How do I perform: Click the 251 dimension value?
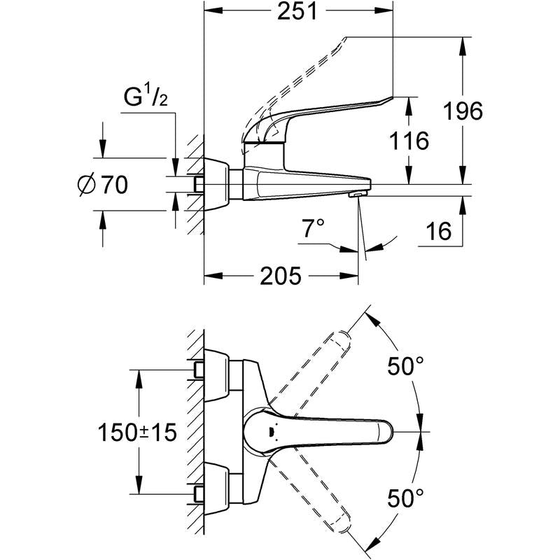click(x=297, y=11)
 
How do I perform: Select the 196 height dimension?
click(x=463, y=111)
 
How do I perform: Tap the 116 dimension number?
click(x=409, y=141)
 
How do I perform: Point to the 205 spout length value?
click(x=281, y=276)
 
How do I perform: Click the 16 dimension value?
click(x=439, y=231)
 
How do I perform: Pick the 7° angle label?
click(x=314, y=228)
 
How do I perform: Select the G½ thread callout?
click(x=146, y=97)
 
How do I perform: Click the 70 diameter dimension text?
click(x=115, y=185)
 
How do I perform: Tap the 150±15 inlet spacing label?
click(x=137, y=432)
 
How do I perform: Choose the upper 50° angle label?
click(x=405, y=366)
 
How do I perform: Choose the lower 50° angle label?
click(x=405, y=498)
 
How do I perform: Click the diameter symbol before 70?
click(x=87, y=185)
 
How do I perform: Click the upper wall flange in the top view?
click(x=216, y=374)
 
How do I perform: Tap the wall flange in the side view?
click(x=216, y=184)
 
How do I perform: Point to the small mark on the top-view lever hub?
click(x=271, y=432)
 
